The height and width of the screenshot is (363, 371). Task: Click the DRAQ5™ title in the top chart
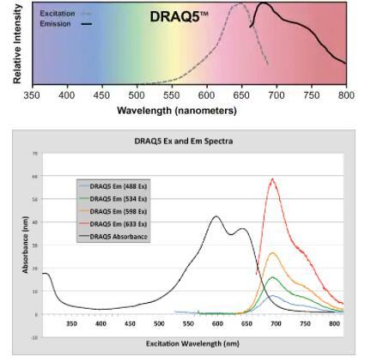[179, 16]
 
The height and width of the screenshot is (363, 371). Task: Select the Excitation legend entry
[57, 15]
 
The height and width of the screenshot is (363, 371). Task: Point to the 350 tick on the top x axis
[32, 95]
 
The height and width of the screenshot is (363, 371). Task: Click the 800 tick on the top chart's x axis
[345, 95]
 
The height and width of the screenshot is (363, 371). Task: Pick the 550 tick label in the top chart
[171, 95]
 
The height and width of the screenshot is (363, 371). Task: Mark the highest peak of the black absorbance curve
[216, 216]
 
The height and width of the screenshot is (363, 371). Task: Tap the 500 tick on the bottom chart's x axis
[159, 324]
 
